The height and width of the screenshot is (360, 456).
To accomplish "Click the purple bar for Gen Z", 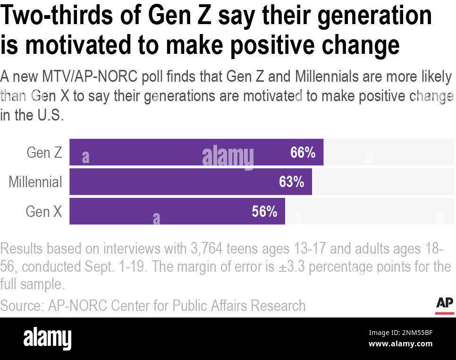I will [196, 152].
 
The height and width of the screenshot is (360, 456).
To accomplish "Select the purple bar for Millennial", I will [190, 182].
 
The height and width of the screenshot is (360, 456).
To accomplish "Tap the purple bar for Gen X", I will [177, 211].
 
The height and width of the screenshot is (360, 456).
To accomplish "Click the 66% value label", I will [303, 152].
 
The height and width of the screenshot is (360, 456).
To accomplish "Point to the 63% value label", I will [291, 182].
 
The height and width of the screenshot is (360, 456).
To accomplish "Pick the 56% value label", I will [264, 211].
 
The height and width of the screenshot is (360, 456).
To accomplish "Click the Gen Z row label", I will [44, 152].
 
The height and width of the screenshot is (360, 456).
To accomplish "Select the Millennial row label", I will [35, 182].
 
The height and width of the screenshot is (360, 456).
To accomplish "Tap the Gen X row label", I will [43, 211].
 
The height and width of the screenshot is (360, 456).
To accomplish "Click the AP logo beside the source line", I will [444, 305].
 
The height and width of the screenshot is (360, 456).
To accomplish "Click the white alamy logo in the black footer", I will [47, 338].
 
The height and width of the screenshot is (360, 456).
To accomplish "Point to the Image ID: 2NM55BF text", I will [400, 333].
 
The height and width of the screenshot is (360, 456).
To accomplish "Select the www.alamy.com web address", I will [400, 343].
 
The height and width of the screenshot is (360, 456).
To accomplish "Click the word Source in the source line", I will [21, 305].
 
